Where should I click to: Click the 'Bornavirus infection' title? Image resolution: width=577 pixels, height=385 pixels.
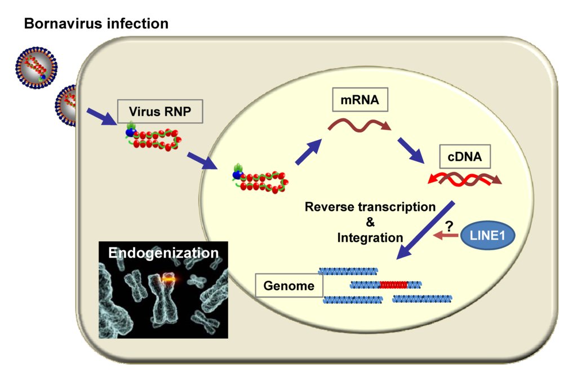[x=96, y=24]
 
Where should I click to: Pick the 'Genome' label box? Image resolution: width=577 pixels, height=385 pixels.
[x=288, y=286]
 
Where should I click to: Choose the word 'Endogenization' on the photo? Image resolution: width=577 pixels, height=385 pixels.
[x=163, y=253]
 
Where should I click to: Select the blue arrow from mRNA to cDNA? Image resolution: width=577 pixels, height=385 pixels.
[x=411, y=149]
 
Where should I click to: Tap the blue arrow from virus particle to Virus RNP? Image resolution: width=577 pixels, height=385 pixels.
[x=102, y=116]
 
